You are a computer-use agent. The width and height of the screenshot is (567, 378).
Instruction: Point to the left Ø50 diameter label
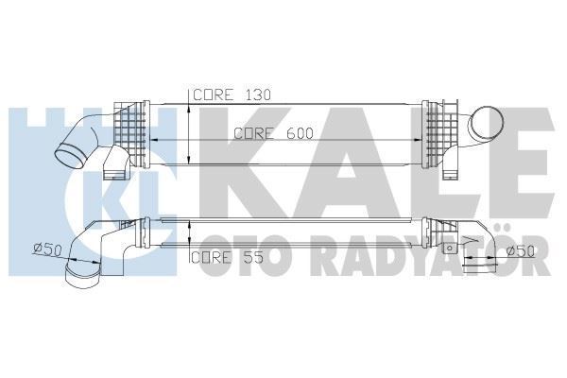pyautogui.click(x=47, y=249)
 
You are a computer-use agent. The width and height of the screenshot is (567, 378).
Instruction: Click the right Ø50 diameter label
pyautogui.click(x=521, y=250)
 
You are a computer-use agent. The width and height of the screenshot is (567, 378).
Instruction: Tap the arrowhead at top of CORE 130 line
pyautogui.click(x=192, y=103)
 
